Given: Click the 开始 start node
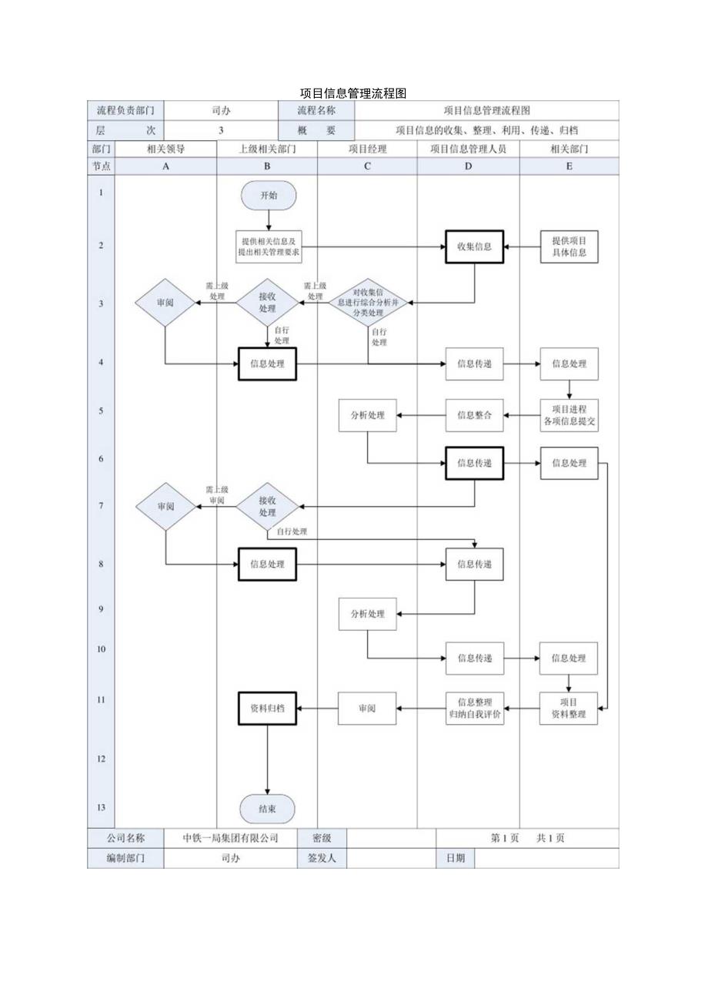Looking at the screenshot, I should coord(269,196).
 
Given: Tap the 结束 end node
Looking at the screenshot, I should coord(267,809).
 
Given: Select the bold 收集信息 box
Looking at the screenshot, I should coord(474,246).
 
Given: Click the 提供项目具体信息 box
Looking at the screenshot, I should coord(569,246).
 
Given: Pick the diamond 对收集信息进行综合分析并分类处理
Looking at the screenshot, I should coord(368,303).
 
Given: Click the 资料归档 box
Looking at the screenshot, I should coord(267,708).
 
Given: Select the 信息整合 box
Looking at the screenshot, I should coord(474,415).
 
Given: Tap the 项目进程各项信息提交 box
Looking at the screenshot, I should coord(569,415).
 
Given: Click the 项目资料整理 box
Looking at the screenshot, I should coord(569,708).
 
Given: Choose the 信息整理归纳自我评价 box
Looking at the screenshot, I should coord(474,708).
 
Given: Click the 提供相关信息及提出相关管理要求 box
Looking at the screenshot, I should coord(269,246).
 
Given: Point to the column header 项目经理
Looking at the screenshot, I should coord(367,149).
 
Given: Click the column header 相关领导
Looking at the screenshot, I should coord(165,149).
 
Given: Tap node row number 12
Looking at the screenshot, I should coord(101,759).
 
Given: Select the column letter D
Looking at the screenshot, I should coord(468,166).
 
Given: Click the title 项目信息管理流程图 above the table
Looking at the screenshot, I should coord(353,93).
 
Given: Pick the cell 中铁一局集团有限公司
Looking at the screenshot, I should coord(230,838).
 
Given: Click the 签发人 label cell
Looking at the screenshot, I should coord(322,858).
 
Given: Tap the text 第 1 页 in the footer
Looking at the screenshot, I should coord(505,838).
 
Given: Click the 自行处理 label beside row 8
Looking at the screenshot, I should coord(291,532).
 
